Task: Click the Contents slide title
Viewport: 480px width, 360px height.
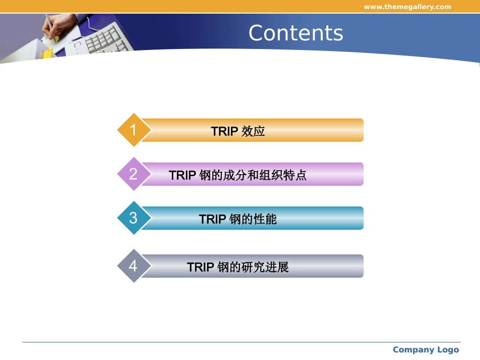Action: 296,33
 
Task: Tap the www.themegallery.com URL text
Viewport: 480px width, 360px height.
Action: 407,7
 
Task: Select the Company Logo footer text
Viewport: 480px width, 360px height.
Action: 425,349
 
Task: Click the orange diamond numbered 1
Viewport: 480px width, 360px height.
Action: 133,130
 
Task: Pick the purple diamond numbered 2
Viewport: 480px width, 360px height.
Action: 133,174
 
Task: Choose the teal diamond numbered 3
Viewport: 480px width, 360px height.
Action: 133,218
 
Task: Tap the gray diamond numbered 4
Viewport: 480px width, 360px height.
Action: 133,266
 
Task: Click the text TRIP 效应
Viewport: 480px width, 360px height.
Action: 238,131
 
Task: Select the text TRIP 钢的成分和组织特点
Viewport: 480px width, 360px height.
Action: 238,175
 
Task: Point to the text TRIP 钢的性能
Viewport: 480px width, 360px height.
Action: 238,219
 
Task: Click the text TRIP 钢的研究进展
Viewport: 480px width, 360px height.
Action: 238,267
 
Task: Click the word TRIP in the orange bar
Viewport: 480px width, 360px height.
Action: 224,131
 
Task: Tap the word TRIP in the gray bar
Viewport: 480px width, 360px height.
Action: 200,267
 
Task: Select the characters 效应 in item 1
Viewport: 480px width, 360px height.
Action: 254,131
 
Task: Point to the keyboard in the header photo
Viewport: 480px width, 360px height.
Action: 104,38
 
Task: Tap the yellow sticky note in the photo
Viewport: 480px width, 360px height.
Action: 47,53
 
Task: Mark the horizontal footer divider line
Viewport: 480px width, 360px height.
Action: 241,342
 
